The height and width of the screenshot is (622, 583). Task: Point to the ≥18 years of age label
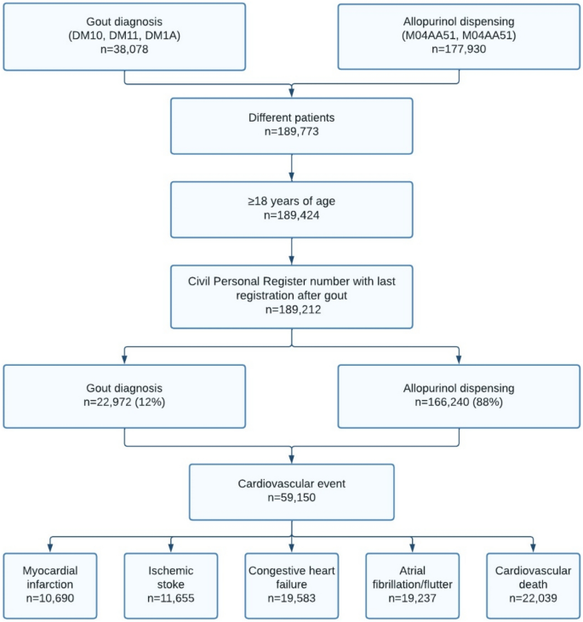[x=292, y=200]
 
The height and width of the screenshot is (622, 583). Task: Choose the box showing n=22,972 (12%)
[x=124, y=395]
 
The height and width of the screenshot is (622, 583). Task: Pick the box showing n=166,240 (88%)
[x=460, y=395]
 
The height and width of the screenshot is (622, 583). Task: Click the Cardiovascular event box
[x=292, y=491]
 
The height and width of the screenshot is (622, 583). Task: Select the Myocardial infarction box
[x=48, y=585]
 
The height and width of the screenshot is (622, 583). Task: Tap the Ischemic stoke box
[x=169, y=585]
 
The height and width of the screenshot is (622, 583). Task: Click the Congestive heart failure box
[x=292, y=585]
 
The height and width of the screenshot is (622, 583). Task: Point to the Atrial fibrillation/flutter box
[x=414, y=585]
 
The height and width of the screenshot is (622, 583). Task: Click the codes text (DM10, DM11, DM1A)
[x=124, y=36]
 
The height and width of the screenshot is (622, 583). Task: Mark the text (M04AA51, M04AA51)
[x=460, y=36]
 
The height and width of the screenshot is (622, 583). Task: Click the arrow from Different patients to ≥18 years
[x=292, y=167]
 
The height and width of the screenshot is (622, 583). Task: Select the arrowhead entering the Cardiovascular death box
[x=534, y=548]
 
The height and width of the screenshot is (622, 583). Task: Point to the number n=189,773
[x=292, y=134]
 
